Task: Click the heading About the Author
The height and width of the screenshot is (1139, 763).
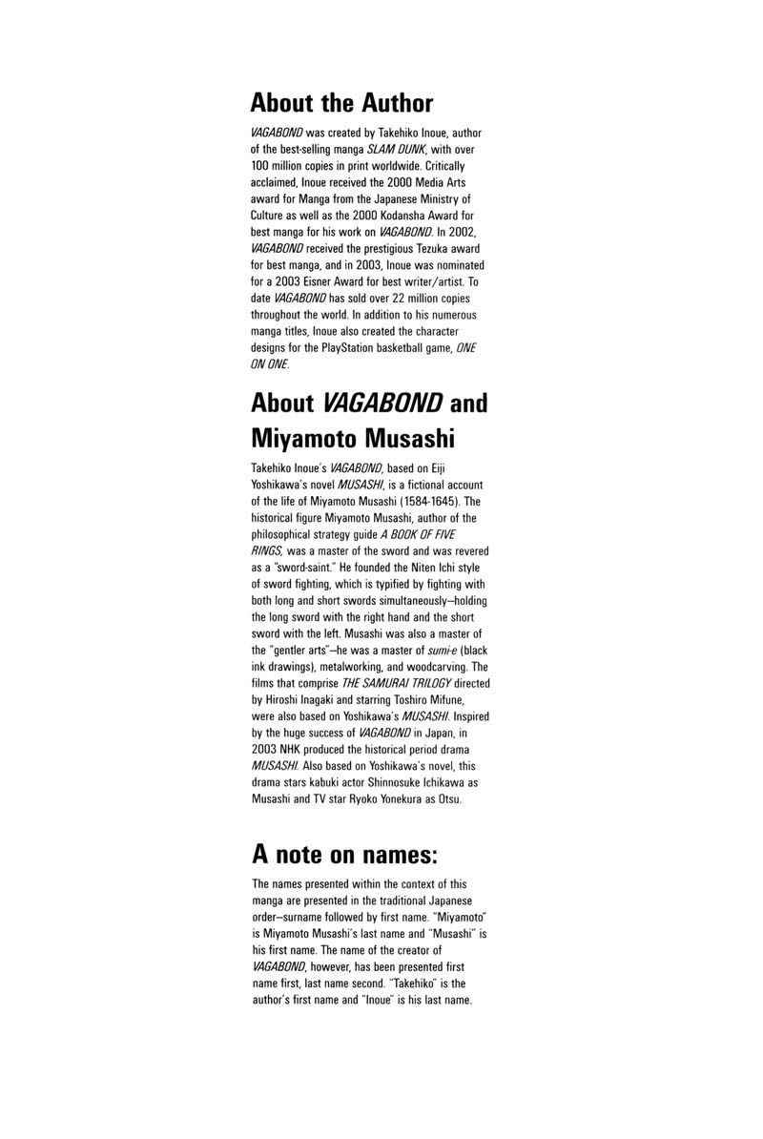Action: pos(341,103)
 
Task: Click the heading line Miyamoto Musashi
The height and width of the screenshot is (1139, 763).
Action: pos(352,438)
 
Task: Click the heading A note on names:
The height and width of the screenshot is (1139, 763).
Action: pos(344,851)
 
